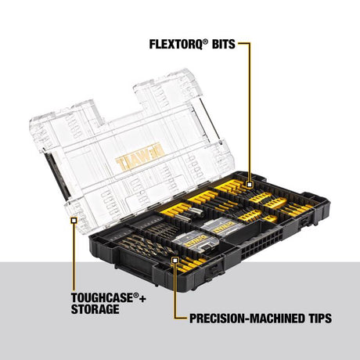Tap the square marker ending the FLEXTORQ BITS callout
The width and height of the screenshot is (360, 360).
click(250, 185)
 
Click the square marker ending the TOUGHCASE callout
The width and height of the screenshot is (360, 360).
click(73, 221)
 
